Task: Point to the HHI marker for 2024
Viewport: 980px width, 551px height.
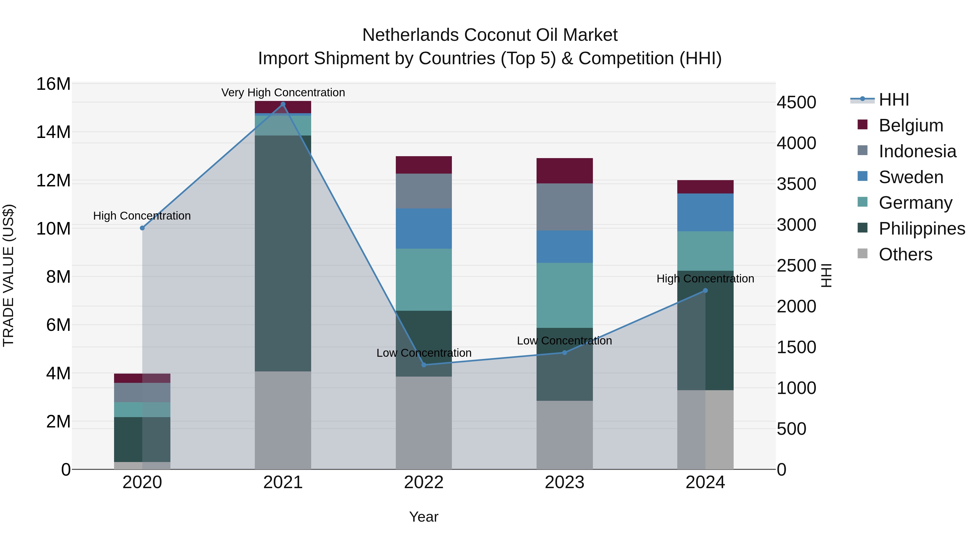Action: tap(705, 291)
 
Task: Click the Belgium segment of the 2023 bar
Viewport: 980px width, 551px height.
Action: tap(565, 171)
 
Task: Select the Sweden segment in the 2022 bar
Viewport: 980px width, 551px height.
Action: tap(424, 229)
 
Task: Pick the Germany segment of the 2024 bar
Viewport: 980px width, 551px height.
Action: tap(705, 251)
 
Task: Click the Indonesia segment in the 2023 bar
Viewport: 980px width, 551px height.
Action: tap(565, 207)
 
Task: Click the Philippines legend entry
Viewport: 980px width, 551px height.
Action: tap(921, 229)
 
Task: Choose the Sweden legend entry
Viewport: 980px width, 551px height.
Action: tap(911, 177)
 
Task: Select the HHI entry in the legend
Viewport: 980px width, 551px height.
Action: tap(894, 100)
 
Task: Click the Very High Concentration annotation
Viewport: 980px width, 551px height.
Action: tap(283, 93)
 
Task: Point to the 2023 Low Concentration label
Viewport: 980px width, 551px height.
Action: tap(564, 341)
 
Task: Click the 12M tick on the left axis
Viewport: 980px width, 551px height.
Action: tap(53, 180)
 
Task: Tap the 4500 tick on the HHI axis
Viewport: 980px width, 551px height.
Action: tap(796, 102)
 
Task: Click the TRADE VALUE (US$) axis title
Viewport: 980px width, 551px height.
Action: tap(8, 276)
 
